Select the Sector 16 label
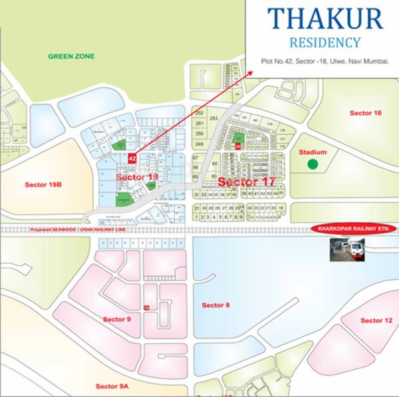tap(365, 113)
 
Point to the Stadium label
tap(313, 152)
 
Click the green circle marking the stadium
tap(313, 164)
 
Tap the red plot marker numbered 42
tap(132, 159)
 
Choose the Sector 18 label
tap(137, 178)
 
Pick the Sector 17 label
tap(237, 182)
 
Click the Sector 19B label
tap(43, 184)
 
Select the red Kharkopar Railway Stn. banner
tap(354, 229)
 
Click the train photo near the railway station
tap(347, 250)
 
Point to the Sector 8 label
tap(215, 305)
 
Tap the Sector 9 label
tap(117, 319)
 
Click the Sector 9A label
tap(111, 386)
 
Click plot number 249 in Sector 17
tap(199, 144)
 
